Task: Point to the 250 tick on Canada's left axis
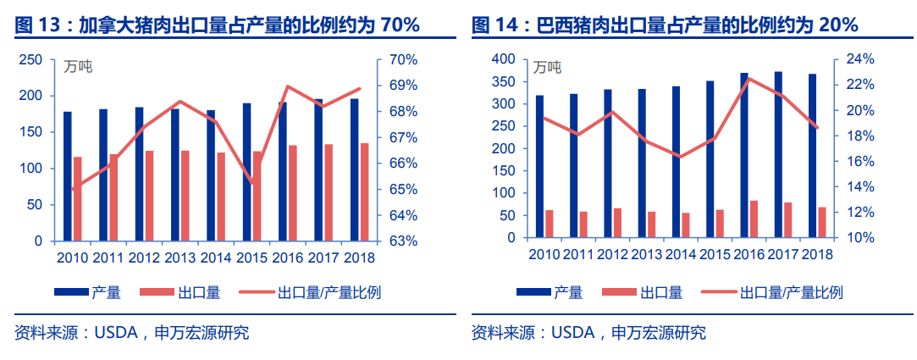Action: pyautogui.click(x=31, y=60)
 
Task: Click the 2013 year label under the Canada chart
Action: pyautogui.click(x=180, y=257)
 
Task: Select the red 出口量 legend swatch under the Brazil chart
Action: pyautogui.click(x=619, y=293)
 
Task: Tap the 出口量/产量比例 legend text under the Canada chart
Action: pyautogui.click(x=329, y=293)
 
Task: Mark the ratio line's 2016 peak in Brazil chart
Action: pyautogui.click(x=748, y=79)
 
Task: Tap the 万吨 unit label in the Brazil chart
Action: pyautogui.click(x=546, y=67)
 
